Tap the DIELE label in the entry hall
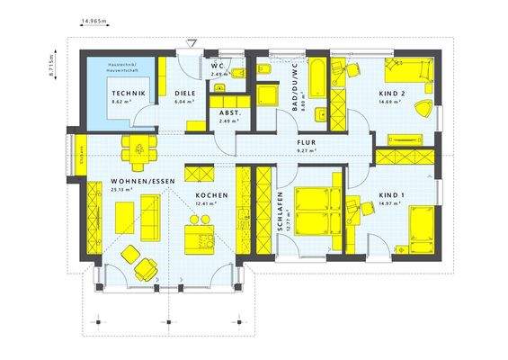click(185, 94)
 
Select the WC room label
click(217, 66)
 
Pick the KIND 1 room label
click(391, 195)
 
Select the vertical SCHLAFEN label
click(281, 212)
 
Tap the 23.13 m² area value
click(120, 190)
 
